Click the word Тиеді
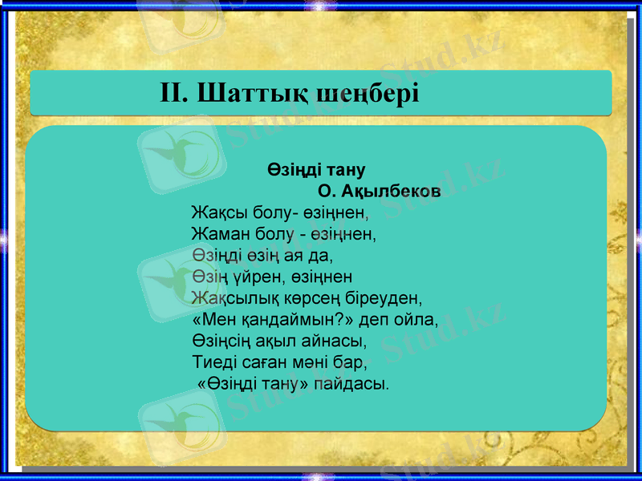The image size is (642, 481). pyautogui.click(x=214, y=362)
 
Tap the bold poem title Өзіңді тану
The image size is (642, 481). pyautogui.click(x=316, y=170)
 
